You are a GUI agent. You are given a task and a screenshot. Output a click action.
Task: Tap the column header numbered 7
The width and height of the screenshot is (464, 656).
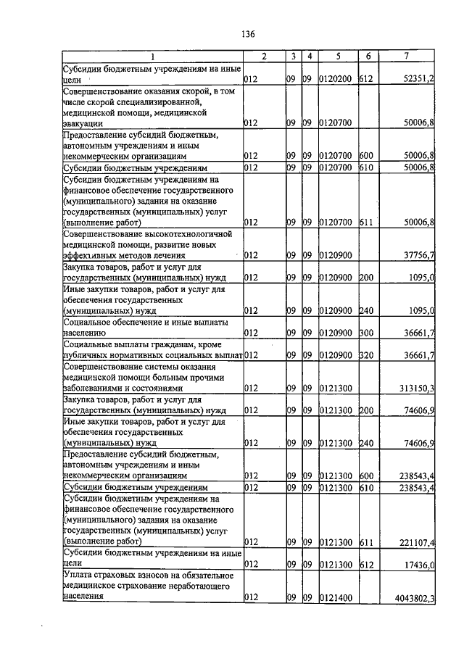click(x=410, y=57)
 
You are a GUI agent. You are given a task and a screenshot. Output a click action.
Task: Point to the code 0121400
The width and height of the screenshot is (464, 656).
click(x=335, y=598)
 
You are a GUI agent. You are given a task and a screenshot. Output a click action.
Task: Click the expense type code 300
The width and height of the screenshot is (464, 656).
click(x=366, y=333)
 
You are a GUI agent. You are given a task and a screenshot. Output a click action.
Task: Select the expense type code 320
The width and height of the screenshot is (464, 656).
click(x=366, y=356)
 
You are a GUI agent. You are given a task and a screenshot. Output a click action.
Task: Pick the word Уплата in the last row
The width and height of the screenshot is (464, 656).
click(x=78, y=576)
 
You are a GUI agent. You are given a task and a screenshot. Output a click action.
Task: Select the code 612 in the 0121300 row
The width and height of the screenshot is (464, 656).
click(x=366, y=564)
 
